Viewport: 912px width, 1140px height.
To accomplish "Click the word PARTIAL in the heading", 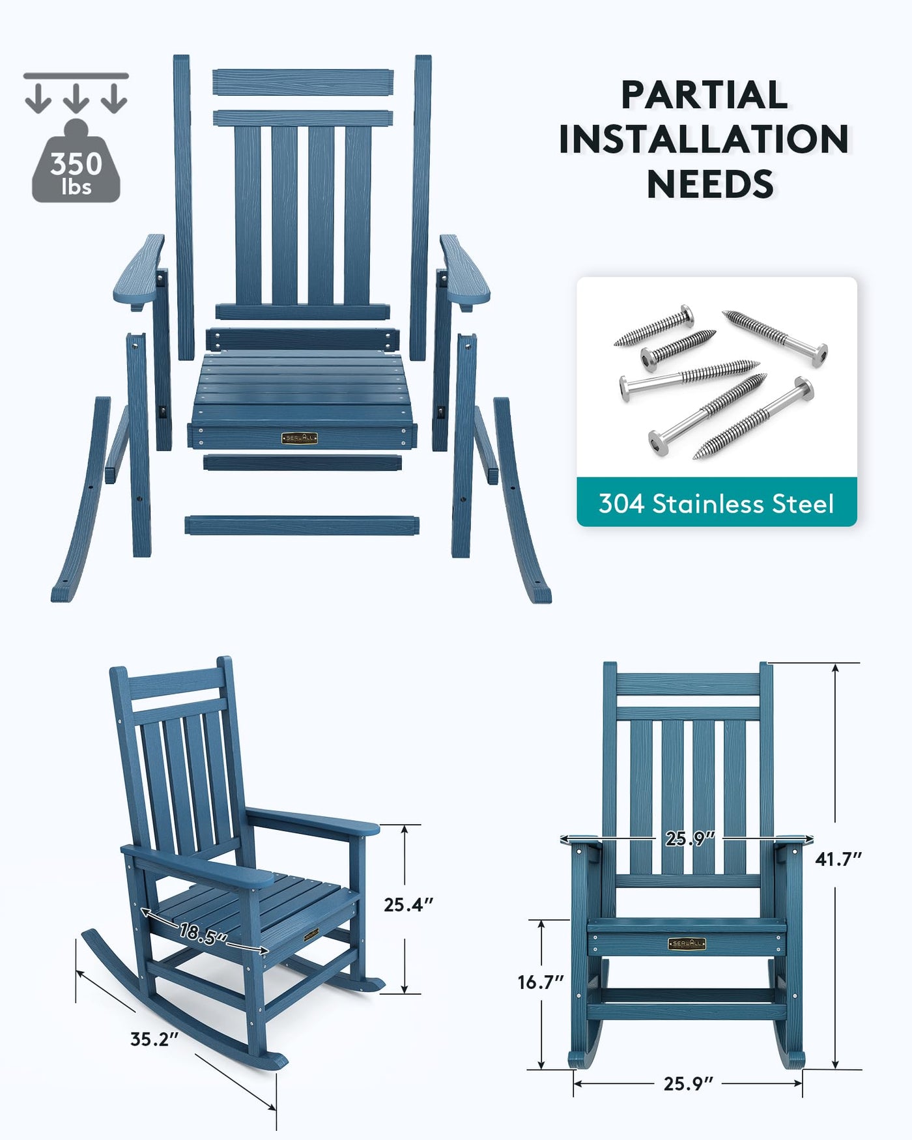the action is pos(704,95).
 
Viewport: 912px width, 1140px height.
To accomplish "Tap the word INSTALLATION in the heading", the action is pos(704,139).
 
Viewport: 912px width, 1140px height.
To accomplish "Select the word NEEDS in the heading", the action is pos(710,184).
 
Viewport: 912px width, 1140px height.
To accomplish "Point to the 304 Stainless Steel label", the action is pos(716,504).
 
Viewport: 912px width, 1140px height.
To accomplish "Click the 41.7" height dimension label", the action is pos(838,859).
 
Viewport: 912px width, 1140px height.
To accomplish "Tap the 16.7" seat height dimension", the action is pos(541,982).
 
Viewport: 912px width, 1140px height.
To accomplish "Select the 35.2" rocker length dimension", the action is pos(154,1039).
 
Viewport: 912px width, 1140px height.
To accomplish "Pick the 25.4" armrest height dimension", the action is pos(408,905).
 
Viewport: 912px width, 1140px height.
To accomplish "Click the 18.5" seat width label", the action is pos(203,934).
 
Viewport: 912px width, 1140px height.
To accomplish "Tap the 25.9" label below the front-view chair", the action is pos(689,1083).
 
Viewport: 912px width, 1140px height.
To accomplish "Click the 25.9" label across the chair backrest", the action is pos(690,838).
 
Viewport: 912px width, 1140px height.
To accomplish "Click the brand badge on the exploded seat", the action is pos(300,438).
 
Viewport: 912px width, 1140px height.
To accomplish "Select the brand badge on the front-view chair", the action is pos(687,943).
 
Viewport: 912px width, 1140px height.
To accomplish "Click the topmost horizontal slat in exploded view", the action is pos(303,83).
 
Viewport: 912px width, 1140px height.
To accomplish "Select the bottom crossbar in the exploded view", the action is pos(302,525).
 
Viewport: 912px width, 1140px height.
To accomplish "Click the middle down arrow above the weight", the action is pos(76,98).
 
